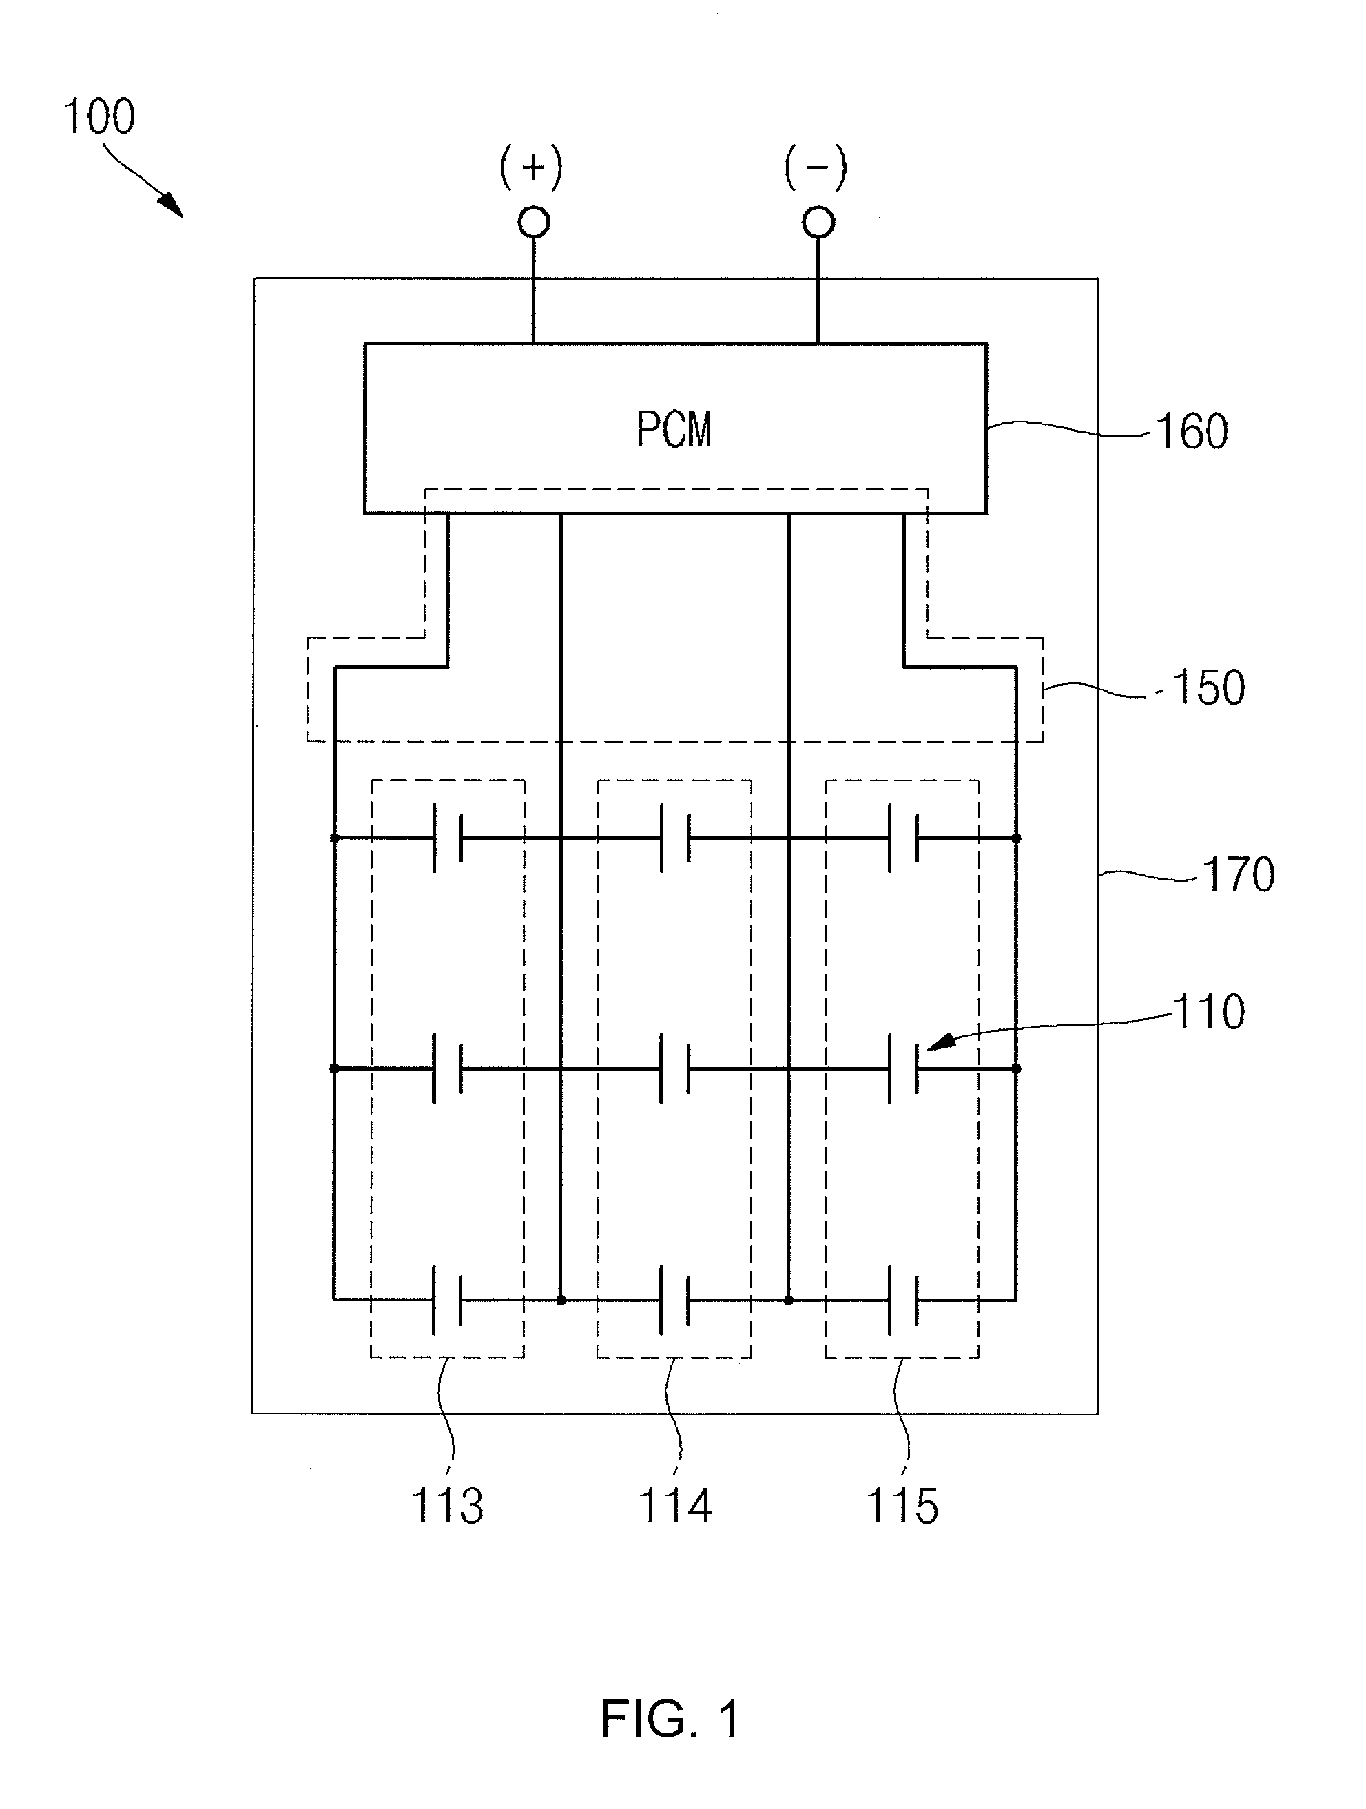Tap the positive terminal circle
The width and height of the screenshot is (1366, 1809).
pyautogui.click(x=534, y=223)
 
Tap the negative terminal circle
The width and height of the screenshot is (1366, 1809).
pyautogui.click(x=819, y=223)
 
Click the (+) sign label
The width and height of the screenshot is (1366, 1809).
pyautogui.click(x=532, y=167)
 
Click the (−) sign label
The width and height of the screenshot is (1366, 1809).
pyautogui.click(x=816, y=167)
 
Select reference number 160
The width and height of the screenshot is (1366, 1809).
pyautogui.click(x=1192, y=432)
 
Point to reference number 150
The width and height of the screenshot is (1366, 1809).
pyautogui.click(x=1209, y=688)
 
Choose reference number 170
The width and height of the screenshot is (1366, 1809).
pyautogui.click(x=1239, y=874)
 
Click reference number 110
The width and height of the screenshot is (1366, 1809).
pyautogui.click(x=1209, y=1013)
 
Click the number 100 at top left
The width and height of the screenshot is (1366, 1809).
pyautogui.click(x=99, y=116)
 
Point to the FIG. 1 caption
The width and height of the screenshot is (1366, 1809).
pyautogui.click(x=671, y=1718)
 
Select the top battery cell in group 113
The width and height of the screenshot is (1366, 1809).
pyautogui.click(x=446, y=838)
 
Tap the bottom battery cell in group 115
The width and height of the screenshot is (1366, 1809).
pyautogui.click(x=902, y=1299)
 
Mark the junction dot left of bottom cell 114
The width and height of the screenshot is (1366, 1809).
pyautogui.click(x=561, y=1299)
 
